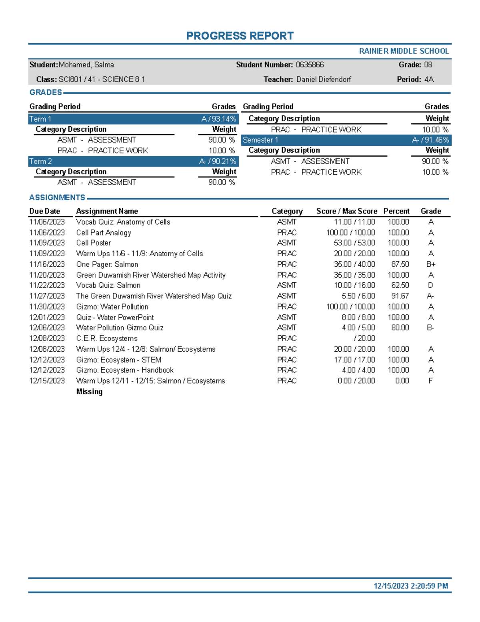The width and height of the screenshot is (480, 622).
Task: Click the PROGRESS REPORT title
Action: coord(240,36)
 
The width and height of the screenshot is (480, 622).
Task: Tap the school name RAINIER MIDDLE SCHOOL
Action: coord(404,51)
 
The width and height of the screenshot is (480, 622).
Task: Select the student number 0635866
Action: coord(310,65)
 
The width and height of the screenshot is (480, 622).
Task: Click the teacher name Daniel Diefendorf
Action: coord(324,80)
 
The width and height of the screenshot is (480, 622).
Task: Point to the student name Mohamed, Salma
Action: coord(86,65)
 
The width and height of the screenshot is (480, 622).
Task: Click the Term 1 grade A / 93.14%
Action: coord(219,119)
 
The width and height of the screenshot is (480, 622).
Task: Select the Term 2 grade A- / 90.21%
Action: coord(218,161)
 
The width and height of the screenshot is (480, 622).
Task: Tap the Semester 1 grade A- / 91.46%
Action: coord(430,140)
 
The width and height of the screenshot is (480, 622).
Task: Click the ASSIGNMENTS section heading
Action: coord(57,197)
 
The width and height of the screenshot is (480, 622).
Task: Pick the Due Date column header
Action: coord(45,211)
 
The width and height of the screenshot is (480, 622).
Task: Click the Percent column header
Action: coord(396,211)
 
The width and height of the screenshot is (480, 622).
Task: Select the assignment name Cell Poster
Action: coord(94,243)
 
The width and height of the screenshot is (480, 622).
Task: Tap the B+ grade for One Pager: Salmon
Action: coord(431,264)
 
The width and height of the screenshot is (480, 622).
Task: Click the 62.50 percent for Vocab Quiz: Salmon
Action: coord(400,286)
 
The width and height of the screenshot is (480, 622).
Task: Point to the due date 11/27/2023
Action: coord(47,296)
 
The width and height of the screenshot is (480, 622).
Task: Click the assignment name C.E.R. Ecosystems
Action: coord(107,338)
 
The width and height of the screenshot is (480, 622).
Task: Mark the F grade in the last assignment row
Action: coord(430,381)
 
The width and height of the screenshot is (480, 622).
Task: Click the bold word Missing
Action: coord(89,392)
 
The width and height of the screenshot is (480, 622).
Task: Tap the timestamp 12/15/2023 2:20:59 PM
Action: coord(411,586)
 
